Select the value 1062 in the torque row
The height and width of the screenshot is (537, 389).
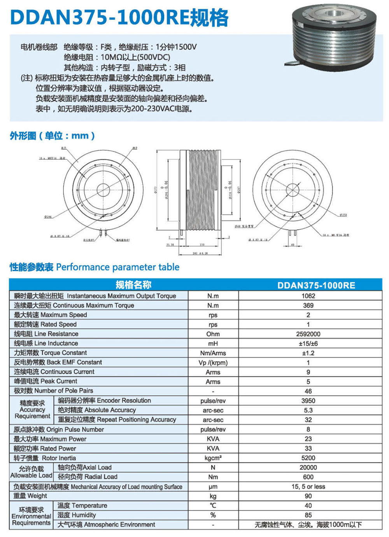[x=308, y=296]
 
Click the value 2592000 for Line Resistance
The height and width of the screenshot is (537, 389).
[x=308, y=334]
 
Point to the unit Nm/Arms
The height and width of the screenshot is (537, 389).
[x=213, y=353]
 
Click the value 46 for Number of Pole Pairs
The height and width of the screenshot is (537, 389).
[x=308, y=391]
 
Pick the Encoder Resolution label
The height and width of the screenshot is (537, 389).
[x=104, y=400]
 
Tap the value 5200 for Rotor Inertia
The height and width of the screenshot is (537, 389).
[x=308, y=458]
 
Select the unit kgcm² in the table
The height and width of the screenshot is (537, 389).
[x=213, y=458]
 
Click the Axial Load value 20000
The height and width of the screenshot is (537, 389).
[x=308, y=467]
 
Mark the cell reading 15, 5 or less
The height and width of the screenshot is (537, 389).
[x=308, y=487]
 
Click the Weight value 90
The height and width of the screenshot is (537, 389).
[x=308, y=496]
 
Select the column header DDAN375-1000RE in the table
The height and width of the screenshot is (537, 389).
[x=316, y=285]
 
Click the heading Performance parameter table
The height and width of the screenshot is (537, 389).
[x=117, y=267]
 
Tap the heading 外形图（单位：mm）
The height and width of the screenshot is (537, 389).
[x=52, y=136]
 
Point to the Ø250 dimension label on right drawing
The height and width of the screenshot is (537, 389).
[x=343, y=215]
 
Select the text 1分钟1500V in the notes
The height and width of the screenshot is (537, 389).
[x=176, y=47]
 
